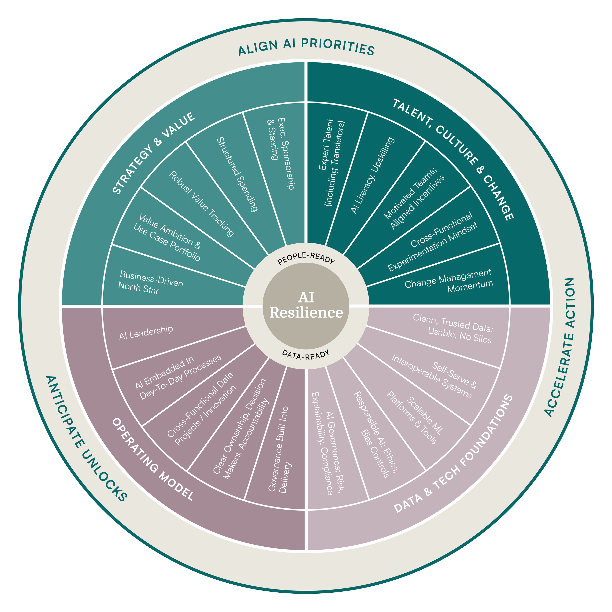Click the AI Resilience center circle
point(306,306)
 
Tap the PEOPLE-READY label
point(306,258)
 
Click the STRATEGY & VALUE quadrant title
point(154,153)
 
